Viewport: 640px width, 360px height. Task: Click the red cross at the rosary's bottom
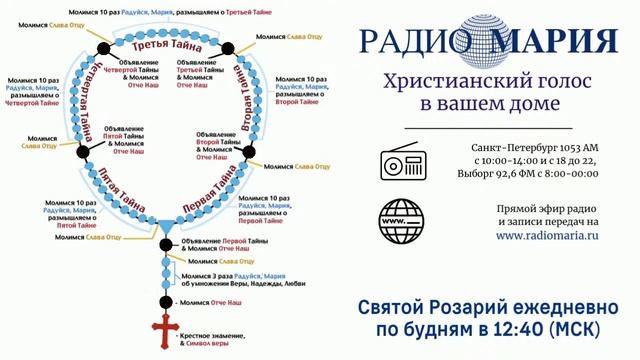164,334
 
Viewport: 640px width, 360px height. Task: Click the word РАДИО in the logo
413,43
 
